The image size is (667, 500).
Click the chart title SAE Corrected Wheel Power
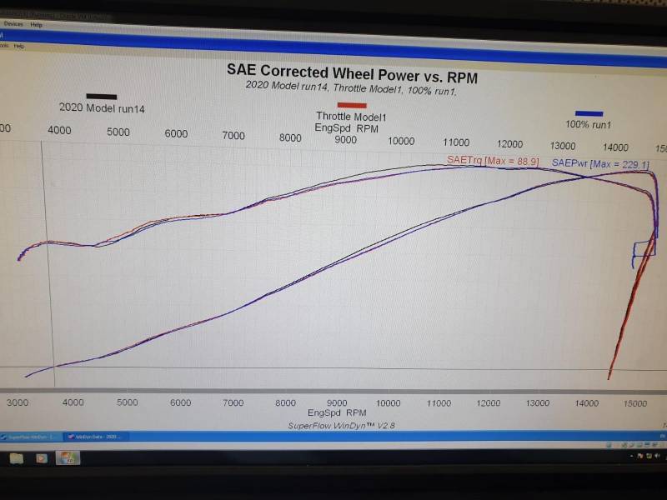click(352, 69)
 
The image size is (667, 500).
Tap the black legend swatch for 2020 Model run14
click(101, 97)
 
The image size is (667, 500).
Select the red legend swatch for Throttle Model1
click(352, 105)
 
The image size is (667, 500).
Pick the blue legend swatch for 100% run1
click(589, 113)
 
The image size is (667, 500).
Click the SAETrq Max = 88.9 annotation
click(493, 161)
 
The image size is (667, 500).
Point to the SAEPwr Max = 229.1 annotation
click(599, 164)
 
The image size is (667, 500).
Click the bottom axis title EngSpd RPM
click(337, 412)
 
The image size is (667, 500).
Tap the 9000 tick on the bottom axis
click(337, 402)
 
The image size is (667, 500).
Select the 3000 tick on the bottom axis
click(18, 402)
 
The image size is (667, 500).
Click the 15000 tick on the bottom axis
click(635, 403)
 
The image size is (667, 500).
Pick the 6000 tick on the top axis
click(176, 133)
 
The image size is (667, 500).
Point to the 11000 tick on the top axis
click(456, 142)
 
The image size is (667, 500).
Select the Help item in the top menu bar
click(36, 24)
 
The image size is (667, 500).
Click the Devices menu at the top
click(13, 24)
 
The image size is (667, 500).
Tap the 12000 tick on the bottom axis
click(489, 402)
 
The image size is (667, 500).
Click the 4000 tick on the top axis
click(59, 130)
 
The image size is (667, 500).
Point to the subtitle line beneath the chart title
click(351, 85)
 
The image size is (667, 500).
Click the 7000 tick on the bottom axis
click(233, 402)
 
